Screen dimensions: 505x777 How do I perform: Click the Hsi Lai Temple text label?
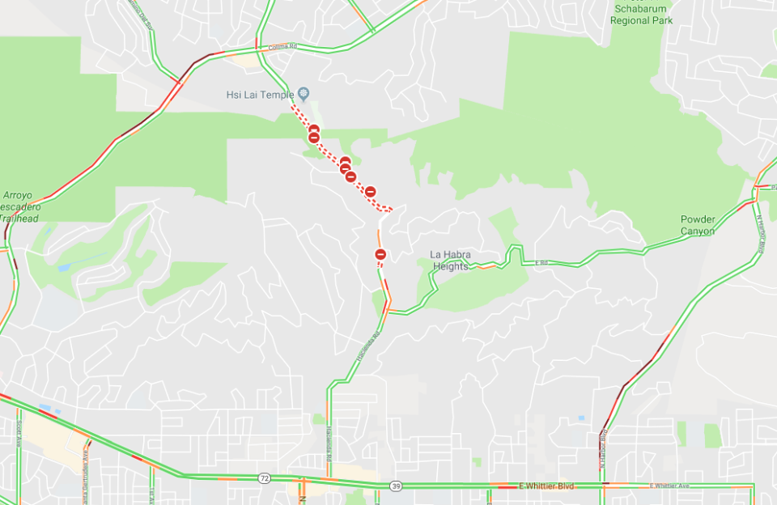[x=260, y=95]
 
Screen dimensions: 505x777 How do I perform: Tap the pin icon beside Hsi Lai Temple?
[x=304, y=94]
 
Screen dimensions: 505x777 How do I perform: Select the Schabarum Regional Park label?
[x=643, y=15]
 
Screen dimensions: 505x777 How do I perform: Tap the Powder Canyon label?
[x=697, y=225]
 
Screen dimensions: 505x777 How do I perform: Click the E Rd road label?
[x=542, y=263]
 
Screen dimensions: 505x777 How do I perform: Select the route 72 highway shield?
[x=265, y=478]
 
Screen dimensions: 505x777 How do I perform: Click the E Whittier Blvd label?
[x=545, y=486]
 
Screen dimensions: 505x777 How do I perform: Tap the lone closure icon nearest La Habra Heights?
[x=380, y=255]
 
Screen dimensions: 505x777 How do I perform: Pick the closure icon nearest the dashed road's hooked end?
[x=370, y=192]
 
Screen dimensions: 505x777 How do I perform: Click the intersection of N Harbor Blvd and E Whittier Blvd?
[x=604, y=486]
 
